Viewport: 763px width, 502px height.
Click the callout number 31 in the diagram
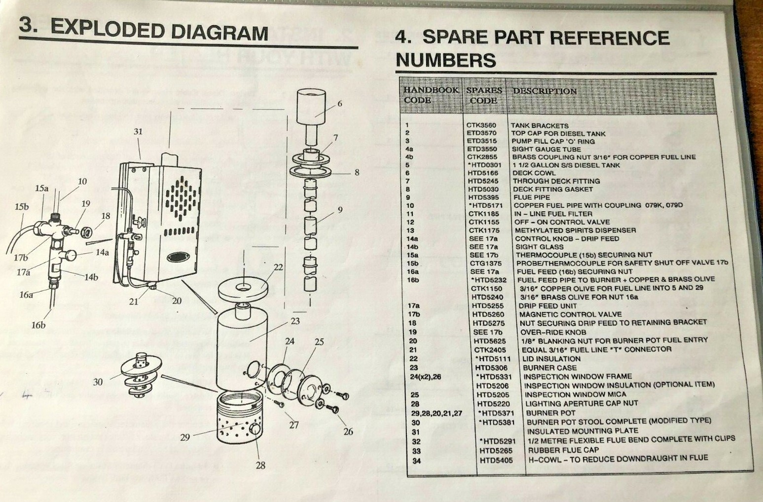point(138,132)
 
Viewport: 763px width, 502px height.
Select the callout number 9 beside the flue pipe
point(340,210)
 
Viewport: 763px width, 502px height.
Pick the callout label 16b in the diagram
point(38,325)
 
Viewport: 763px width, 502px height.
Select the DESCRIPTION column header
point(545,91)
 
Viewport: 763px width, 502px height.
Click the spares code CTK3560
point(481,125)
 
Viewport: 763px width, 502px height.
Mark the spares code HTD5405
point(496,461)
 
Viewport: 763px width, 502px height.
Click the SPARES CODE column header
point(484,95)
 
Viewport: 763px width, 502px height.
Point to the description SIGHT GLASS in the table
point(539,247)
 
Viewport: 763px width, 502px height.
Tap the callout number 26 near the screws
point(348,431)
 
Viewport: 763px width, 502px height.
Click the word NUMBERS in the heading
point(445,60)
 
